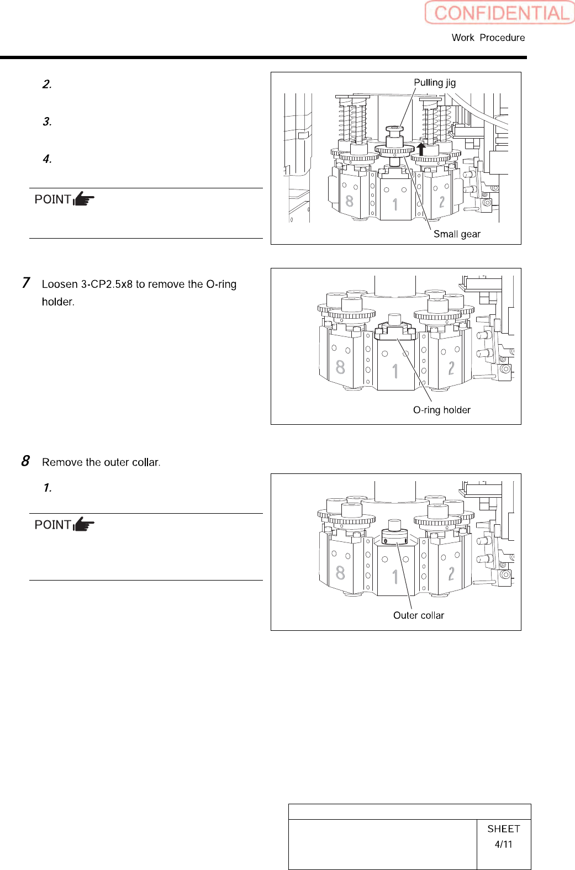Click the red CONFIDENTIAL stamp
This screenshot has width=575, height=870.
[499, 13]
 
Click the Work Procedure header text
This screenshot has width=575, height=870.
[488, 38]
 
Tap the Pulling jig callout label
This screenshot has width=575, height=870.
[435, 82]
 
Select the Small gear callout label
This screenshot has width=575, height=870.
[457, 234]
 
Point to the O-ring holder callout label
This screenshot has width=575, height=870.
[441, 410]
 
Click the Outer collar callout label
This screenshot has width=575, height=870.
[418, 615]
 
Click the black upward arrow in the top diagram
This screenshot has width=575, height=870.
[421, 149]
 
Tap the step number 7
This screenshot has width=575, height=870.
[26, 283]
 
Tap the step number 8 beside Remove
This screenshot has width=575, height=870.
[25, 461]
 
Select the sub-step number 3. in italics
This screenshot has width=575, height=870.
[47, 122]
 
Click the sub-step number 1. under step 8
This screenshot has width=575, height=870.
[48, 488]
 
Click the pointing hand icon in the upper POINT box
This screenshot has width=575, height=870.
[84, 199]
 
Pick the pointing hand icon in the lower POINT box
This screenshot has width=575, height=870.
[84, 524]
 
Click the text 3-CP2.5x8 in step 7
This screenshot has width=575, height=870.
[107, 284]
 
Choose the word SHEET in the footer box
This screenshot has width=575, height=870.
[503, 829]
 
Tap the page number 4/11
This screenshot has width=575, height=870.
[503, 844]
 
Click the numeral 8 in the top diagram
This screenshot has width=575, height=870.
[349, 201]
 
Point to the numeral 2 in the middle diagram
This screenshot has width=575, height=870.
[451, 368]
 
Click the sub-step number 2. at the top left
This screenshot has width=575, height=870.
[47, 84]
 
